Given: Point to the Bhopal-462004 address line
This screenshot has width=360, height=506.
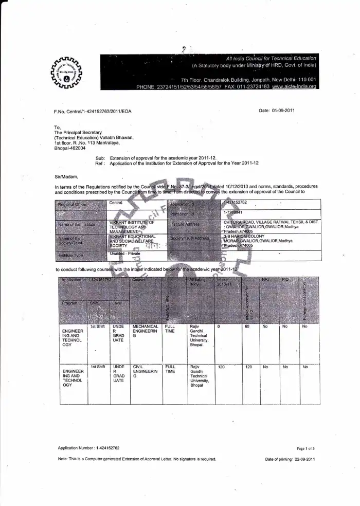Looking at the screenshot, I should (x=70, y=148).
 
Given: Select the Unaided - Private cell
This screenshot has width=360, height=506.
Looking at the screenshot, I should (x=124, y=254).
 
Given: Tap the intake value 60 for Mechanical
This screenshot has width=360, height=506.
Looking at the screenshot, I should (x=247, y=327).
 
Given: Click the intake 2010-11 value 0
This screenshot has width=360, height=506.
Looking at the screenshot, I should (x=219, y=327).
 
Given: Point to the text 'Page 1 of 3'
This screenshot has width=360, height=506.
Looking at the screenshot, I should (x=305, y=448).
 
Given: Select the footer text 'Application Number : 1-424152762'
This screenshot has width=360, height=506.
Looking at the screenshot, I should (x=88, y=448).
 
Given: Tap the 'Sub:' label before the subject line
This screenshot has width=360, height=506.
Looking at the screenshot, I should (x=100, y=158).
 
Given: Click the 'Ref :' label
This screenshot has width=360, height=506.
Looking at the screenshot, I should (x=100, y=163).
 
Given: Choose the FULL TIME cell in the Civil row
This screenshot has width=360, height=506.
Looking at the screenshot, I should (x=170, y=369).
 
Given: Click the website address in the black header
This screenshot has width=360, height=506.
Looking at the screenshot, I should (x=294, y=87).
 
